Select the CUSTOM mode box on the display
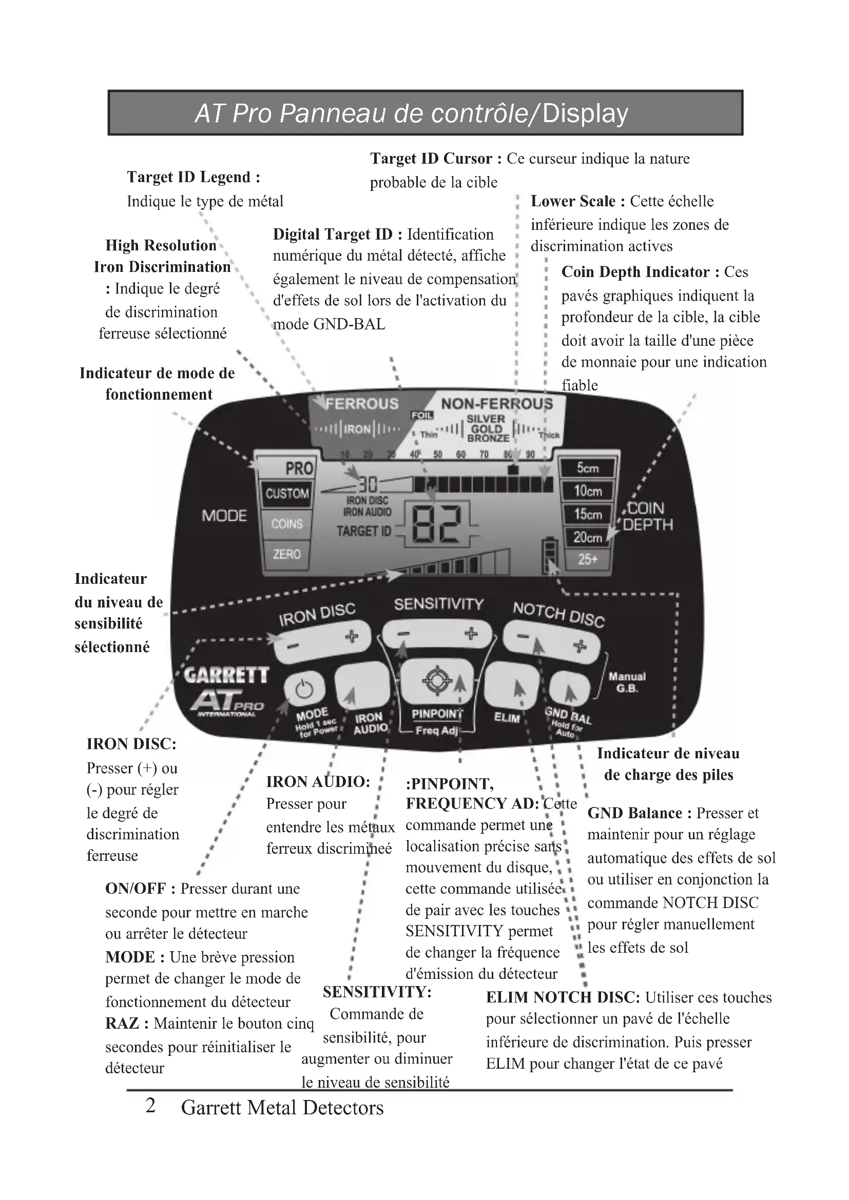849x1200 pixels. [x=286, y=494]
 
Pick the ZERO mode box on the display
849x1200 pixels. [x=286, y=554]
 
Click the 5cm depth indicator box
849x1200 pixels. [x=588, y=468]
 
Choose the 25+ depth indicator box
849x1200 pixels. [x=588, y=560]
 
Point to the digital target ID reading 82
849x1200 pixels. [x=436, y=524]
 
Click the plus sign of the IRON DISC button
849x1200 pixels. [x=351, y=636]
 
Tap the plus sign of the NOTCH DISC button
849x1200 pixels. [x=579, y=646]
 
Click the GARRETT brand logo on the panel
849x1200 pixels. [x=226, y=675]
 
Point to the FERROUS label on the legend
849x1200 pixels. [x=362, y=403]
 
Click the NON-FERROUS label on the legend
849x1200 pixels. [x=497, y=403]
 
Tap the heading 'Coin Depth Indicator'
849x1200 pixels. [x=635, y=272]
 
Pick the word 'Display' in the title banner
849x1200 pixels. [x=585, y=113]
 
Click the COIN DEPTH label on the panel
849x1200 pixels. [x=647, y=517]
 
